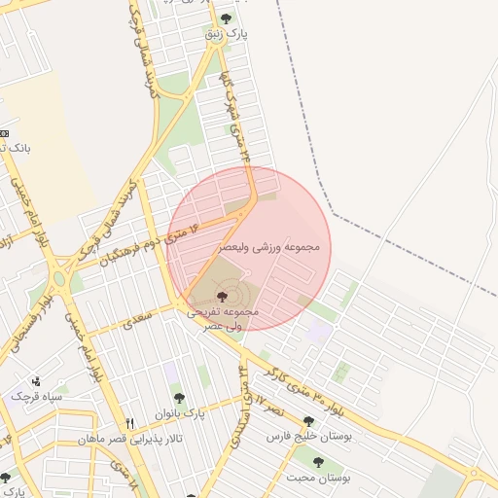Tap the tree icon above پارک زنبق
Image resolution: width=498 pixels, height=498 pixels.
tap(227, 18)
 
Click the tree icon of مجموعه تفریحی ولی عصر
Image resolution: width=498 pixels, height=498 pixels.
tap(223, 294)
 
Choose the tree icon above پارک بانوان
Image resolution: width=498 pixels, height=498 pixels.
tap(178, 397)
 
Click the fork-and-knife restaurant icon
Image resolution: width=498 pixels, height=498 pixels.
tap(130, 423)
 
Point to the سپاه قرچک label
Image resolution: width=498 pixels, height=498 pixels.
tap(37, 397)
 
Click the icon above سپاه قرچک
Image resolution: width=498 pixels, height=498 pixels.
tap(37, 381)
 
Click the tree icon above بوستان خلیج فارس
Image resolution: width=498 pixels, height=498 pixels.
tap(309, 421)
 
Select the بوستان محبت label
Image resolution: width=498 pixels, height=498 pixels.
tap(318, 478)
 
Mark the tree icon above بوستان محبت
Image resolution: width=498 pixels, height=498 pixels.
tap(318, 461)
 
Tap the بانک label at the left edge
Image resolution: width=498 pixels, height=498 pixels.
tap(20, 148)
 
